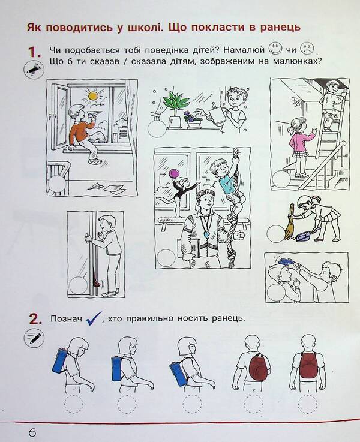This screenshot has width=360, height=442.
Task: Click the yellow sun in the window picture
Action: click(92, 95)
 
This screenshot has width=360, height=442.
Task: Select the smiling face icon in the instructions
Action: click(275, 48)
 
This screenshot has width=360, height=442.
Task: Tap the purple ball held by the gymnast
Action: click(174, 174)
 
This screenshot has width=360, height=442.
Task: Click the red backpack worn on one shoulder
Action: click(258, 366)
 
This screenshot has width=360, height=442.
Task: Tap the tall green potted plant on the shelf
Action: click(175, 102)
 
